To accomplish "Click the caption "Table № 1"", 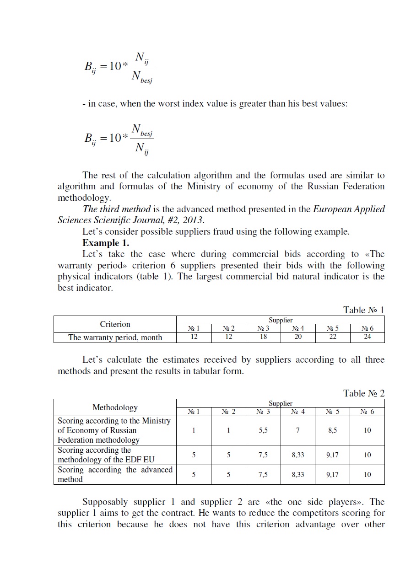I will pos(363,310).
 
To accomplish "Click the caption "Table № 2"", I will pos(363,393).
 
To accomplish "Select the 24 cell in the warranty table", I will pos(367,337).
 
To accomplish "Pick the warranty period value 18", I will pos(263,337).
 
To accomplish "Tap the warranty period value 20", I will pos(298,337).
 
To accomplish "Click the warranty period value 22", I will pos(333,337).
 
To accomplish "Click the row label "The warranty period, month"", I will pos(115,338).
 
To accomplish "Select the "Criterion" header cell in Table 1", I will pos(115,324).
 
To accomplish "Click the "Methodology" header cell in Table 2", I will pos(115,407).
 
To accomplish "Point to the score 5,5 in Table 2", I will pos(263,430).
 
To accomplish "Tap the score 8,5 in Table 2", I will pos(333,430).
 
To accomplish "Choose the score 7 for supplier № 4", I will pos(298,430).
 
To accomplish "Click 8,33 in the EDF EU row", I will pos(298,455).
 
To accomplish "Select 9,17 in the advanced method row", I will pos(333,475).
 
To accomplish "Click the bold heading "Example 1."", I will pos(106,243).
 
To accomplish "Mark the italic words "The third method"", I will pos(116,209).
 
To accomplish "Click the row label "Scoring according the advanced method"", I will pos(115,475).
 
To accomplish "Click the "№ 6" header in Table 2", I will pos(367,412).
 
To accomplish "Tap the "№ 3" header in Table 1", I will pos(263,328).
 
